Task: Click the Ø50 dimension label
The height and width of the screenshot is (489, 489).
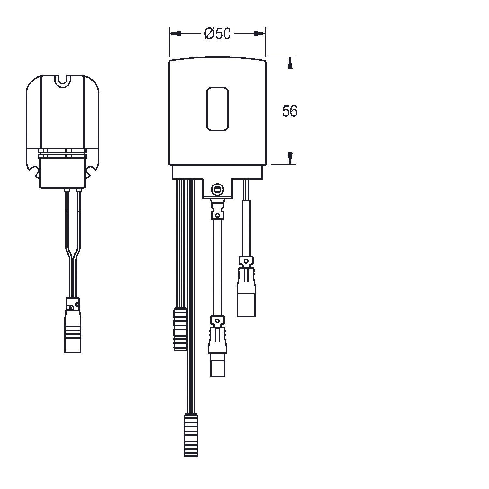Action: (x=217, y=34)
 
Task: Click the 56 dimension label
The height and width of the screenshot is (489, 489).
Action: (x=289, y=111)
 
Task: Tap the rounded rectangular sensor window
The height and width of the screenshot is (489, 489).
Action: (x=217, y=109)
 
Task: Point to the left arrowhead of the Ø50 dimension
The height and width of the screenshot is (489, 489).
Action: (x=175, y=34)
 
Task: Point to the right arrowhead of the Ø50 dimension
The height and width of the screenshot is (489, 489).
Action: (x=260, y=34)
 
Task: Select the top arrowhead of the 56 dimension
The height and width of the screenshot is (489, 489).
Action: (x=290, y=63)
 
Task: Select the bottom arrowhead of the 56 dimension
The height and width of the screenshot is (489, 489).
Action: (x=290, y=158)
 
